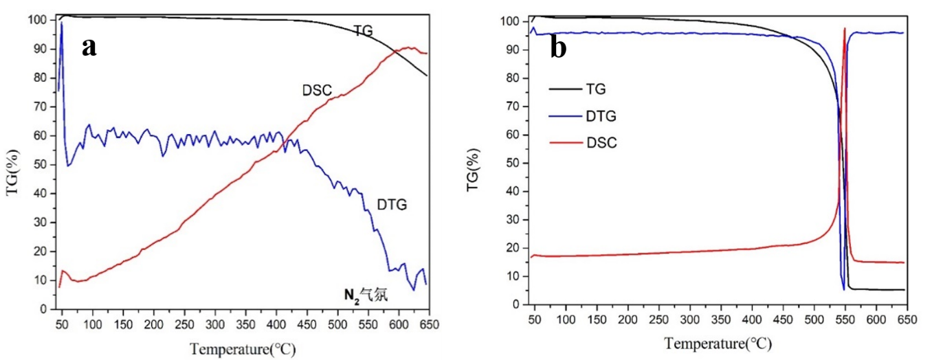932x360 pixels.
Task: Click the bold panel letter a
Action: tap(89, 47)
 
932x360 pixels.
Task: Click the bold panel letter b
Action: tap(558, 47)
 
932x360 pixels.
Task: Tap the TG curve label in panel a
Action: tap(364, 30)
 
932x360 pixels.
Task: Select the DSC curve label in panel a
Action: tap(316, 89)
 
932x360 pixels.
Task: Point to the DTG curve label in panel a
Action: tap(392, 204)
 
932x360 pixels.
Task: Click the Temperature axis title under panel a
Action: tap(243, 349)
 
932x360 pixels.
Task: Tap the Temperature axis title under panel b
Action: tap(717, 342)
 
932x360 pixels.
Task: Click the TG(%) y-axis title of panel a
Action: tap(12, 170)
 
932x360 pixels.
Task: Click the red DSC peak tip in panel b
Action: tap(845, 29)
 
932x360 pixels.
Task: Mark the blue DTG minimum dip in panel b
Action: tap(843, 289)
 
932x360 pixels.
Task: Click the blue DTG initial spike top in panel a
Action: tap(62, 23)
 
